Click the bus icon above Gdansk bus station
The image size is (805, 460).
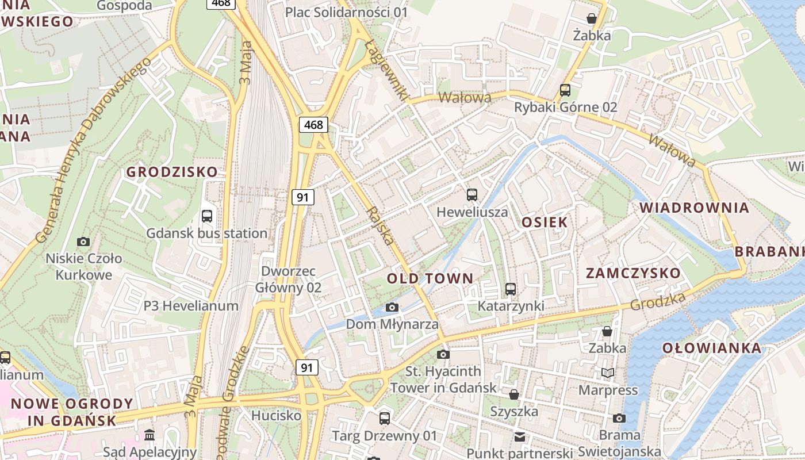pos(207,216)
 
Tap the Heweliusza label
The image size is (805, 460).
pos(472,212)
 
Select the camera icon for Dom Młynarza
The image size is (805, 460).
pos(392,308)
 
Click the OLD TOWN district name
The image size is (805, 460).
pos(430,279)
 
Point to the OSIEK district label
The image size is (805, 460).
pos(545,223)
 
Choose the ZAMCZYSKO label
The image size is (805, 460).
pos(633,273)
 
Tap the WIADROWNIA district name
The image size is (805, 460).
pos(695,208)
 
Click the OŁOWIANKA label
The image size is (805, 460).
pos(712,348)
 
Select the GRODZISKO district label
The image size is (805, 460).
pos(172,172)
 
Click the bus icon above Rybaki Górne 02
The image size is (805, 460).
pos(565,90)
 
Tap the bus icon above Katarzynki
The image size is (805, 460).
pos(511,289)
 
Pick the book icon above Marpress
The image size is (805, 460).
pos(608,373)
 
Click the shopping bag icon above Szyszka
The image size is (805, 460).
pos(514,394)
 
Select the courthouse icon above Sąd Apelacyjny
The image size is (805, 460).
pos(149,435)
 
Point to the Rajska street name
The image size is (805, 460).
pos(381,226)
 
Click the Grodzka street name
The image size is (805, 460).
pos(658,301)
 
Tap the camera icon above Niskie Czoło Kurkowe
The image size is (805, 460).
pos(83,241)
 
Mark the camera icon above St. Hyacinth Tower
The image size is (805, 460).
pos(443,354)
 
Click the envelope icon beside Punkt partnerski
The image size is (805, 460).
pos(520,437)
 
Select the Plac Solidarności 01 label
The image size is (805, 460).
pos(347,12)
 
